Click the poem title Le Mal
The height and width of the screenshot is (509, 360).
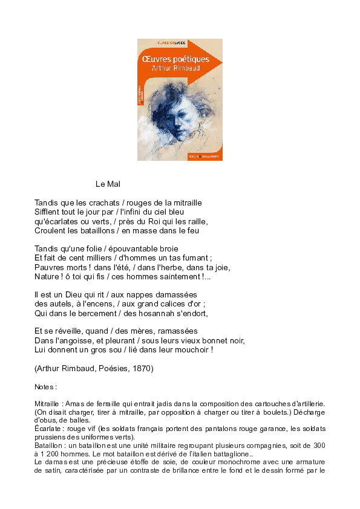[109, 184]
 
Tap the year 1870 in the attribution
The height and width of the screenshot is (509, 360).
[141, 368]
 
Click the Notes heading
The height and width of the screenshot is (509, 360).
[45, 386]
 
